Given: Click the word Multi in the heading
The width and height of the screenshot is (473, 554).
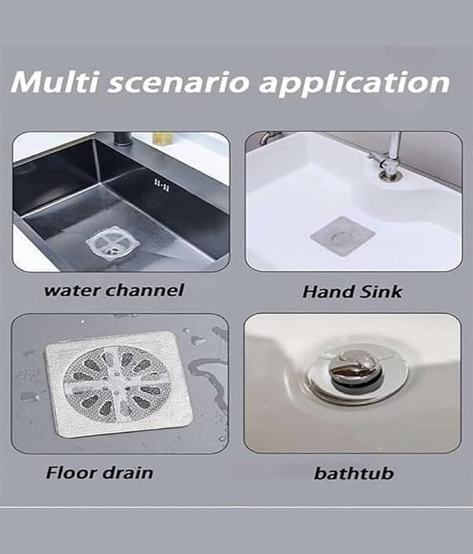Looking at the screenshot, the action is pos(55,82).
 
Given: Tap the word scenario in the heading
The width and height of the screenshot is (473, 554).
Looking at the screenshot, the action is pos(179,82).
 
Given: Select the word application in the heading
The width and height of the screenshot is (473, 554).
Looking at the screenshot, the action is pos(355,84).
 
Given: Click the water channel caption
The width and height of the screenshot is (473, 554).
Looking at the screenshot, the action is pos(114,290).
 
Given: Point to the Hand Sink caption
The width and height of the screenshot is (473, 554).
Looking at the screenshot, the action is pos(352,292).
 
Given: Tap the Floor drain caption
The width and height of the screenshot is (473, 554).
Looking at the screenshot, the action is pos(100,472).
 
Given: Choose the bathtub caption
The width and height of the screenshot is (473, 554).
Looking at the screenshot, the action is pos(354,473).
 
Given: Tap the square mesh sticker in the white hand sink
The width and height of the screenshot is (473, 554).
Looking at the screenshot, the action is pos(342,236).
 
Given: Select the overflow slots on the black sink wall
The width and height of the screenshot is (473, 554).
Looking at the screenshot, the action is pos(162,185).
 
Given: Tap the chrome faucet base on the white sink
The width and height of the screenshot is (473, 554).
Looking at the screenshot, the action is pos(389,173).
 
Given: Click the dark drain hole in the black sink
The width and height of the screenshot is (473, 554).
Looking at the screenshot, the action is pos(114,250).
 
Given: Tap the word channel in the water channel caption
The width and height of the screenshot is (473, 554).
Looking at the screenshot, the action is pos(145,290).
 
